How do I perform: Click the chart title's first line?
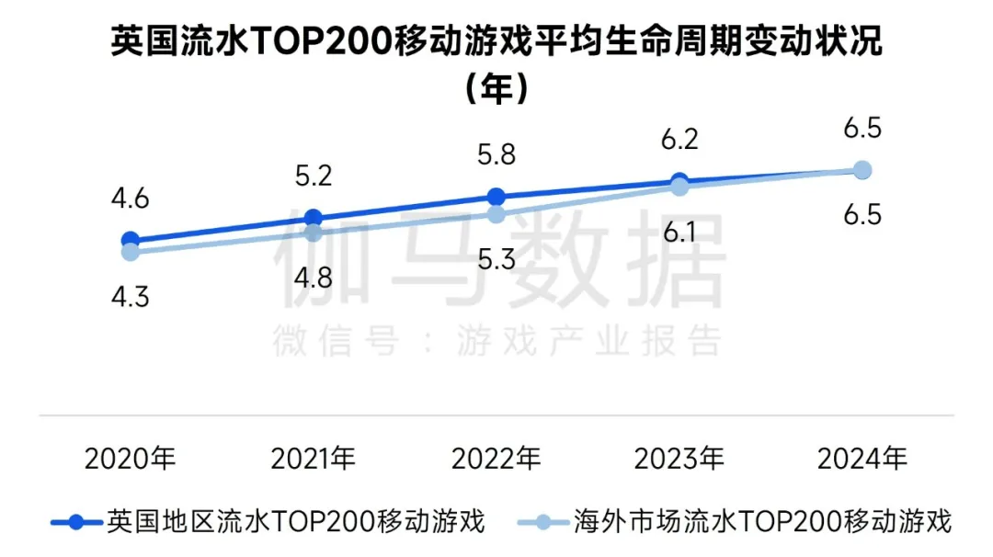(x=496, y=41)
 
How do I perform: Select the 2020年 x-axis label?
(x=130, y=458)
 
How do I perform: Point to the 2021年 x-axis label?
(x=313, y=458)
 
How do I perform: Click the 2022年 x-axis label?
(x=496, y=458)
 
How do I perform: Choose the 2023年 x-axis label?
(x=679, y=458)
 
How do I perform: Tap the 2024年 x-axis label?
(x=862, y=458)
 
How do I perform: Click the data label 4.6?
(x=130, y=198)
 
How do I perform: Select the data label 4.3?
(x=130, y=298)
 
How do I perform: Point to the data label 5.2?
(x=313, y=176)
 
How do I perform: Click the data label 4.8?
(x=313, y=277)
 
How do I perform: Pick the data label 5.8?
(x=496, y=153)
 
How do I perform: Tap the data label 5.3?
(x=496, y=258)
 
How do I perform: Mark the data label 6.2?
(x=679, y=140)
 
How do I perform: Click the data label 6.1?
(x=679, y=232)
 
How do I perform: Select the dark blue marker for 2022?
(x=496, y=197)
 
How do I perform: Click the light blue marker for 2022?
(x=496, y=214)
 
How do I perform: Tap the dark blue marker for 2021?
(x=313, y=218)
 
